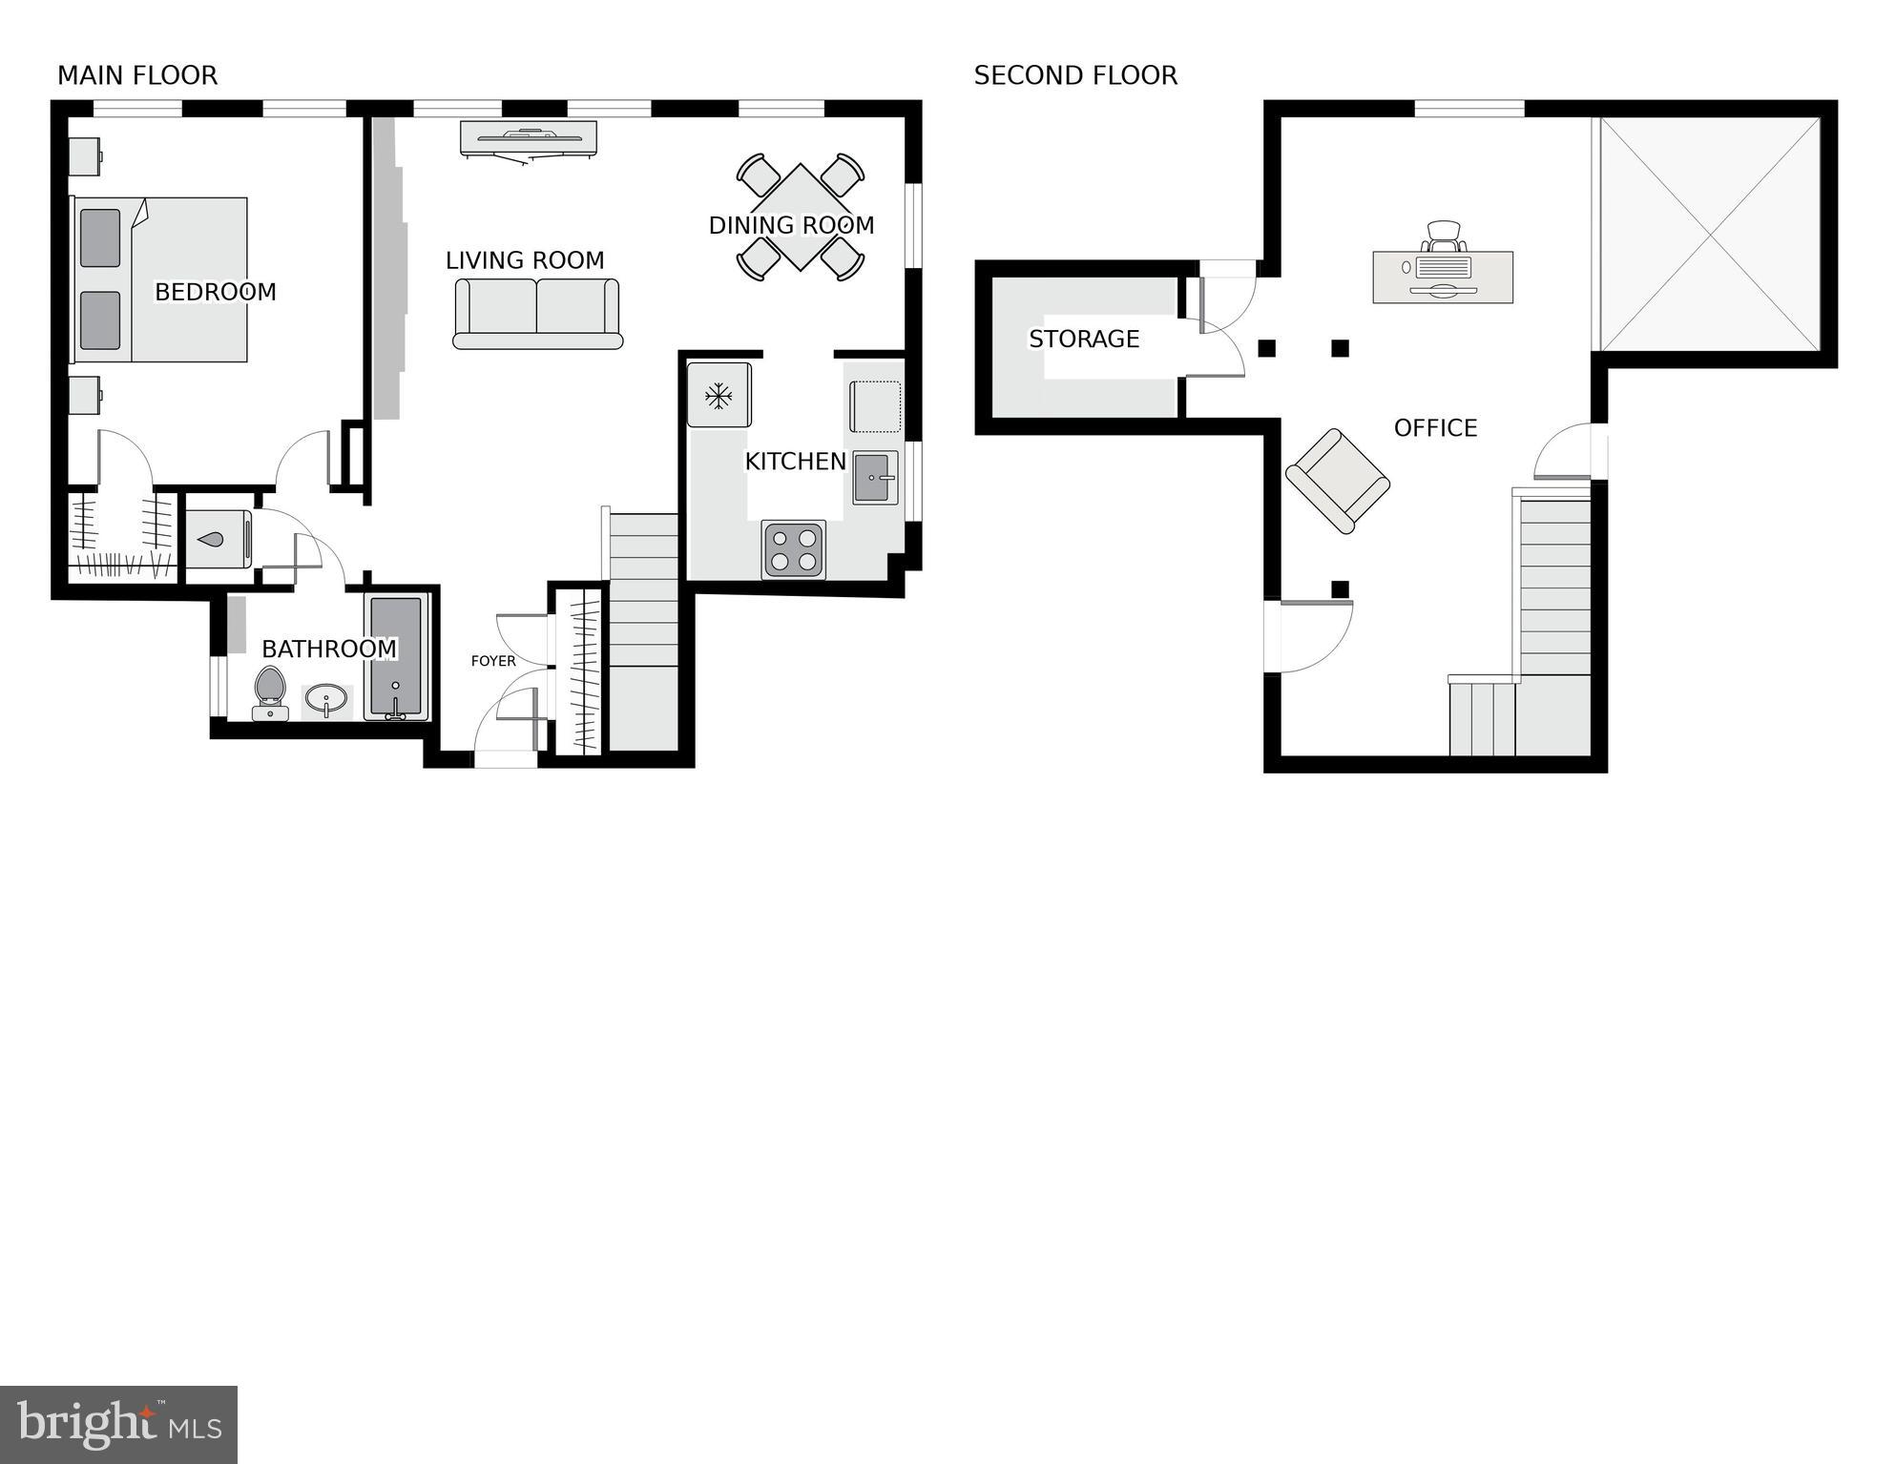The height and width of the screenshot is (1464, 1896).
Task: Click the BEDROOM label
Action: (215, 292)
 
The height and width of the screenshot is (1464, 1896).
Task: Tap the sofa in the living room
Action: (536, 314)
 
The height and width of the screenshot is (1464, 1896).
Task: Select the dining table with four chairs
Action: (800, 217)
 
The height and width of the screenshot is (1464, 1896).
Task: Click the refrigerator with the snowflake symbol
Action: (719, 395)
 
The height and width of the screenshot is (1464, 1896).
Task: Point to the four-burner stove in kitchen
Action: (793, 549)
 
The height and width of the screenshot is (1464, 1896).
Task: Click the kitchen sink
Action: (874, 478)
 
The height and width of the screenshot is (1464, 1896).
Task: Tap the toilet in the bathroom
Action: (270, 691)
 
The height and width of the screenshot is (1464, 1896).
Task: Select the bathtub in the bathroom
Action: (396, 658)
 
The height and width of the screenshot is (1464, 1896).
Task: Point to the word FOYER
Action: (493, 661)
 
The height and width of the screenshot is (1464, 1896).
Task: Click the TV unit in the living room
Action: (530, 137)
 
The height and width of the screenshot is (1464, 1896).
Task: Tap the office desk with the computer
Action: (1442, 276)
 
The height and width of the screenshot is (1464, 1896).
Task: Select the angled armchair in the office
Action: (1337, 481)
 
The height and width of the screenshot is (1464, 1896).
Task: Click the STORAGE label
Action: (1083, 339)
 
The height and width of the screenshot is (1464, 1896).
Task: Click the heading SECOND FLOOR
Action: (1074, 75)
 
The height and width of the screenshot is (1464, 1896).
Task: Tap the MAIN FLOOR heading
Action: (137, 75)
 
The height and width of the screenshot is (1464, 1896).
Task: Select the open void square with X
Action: (1710, 234)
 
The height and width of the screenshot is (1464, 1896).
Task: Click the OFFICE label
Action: (1434, 428)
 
